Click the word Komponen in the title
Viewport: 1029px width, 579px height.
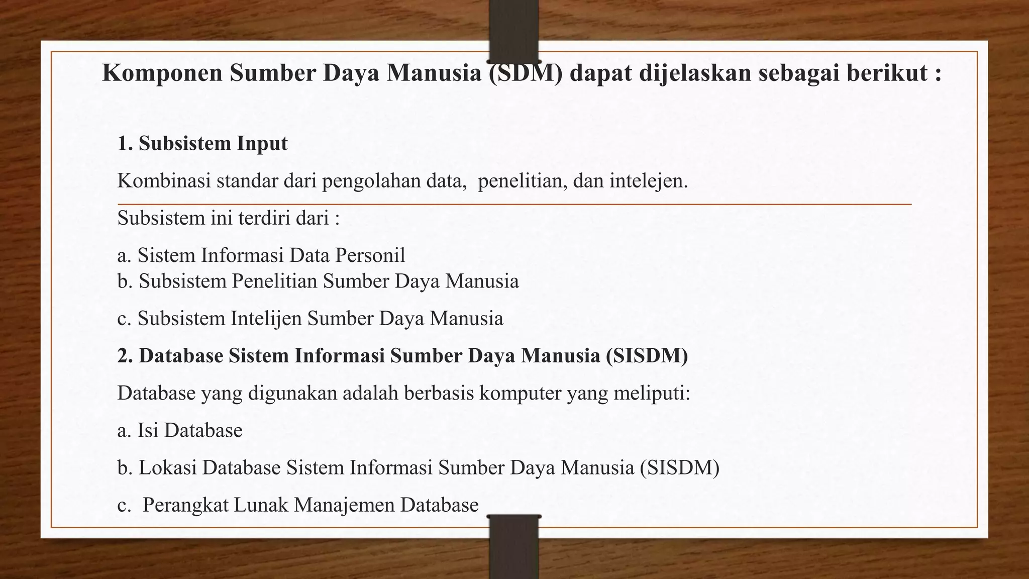coord(162,73)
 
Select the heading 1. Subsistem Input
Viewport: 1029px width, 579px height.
coord(202,144)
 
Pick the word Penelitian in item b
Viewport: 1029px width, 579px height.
coord(274,281)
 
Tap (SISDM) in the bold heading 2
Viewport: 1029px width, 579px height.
coord(647,356)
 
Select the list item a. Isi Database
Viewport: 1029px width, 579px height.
coord(180,430)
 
